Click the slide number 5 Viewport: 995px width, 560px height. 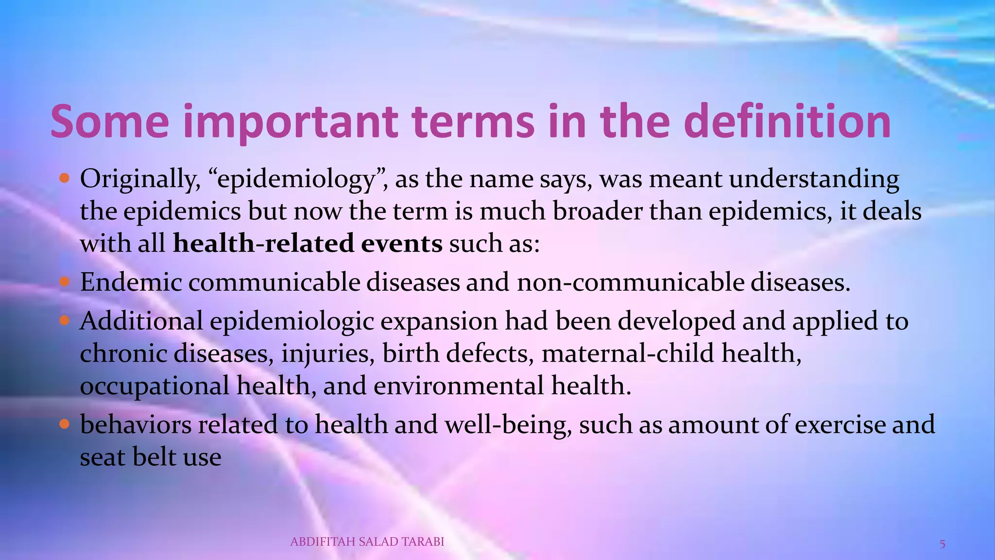point(942,544)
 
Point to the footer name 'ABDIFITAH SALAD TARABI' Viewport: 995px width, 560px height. point(367,542)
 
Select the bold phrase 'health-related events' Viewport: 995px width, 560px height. point(308,243)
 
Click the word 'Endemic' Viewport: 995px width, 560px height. point(131,282)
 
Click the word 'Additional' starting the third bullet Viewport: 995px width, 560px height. point(141,321)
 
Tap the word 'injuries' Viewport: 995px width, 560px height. point(328,354)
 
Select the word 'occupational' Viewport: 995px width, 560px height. point(154,386)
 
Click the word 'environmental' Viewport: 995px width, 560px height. point(459,385)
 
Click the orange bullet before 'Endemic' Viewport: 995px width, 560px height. point(65,282)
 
